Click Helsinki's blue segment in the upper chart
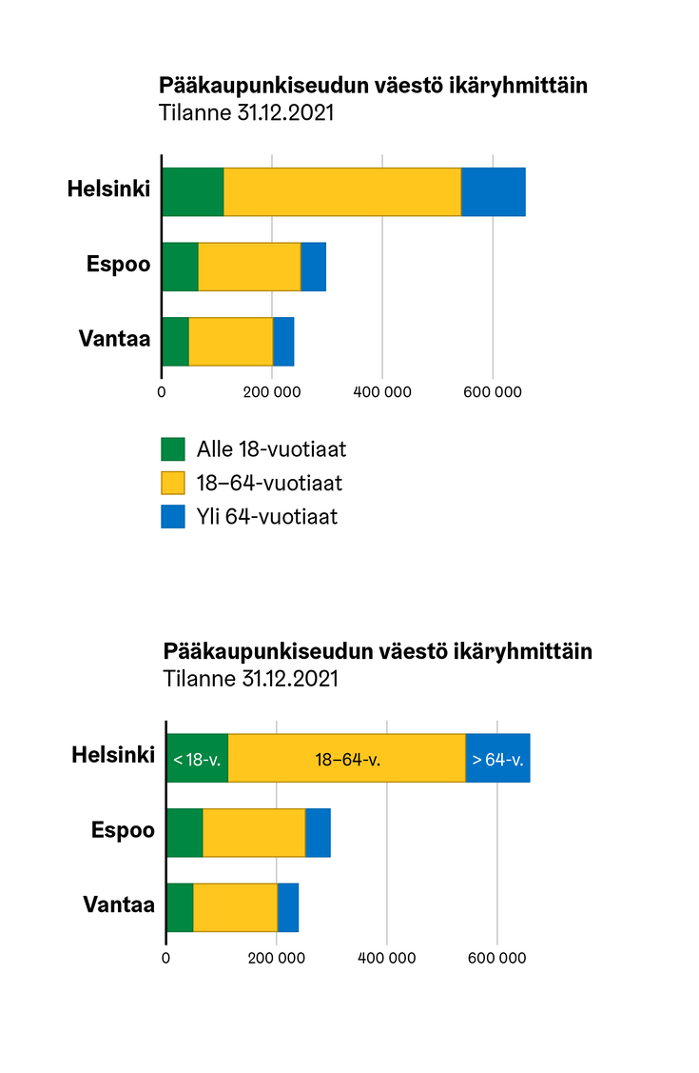tap(493, 191)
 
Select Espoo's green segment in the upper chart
tap(180, 267)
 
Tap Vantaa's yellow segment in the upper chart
tap(230, 341)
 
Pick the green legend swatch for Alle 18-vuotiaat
tap(173, 448)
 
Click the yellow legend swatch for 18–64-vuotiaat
tap(173, 483)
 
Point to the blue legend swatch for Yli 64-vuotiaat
tap(173, 517)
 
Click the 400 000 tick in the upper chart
tap(382, 390)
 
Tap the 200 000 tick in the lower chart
tap(276, 959)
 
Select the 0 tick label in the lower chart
tap(166, 959)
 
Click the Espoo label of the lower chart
tap(123, 830)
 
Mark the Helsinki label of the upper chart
tap(108, 189)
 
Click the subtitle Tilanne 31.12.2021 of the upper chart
tap(247, 112)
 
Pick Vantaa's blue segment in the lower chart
tap(287, 907)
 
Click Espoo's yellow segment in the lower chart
tap(253, 833)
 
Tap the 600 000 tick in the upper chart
tap(493, 390)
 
